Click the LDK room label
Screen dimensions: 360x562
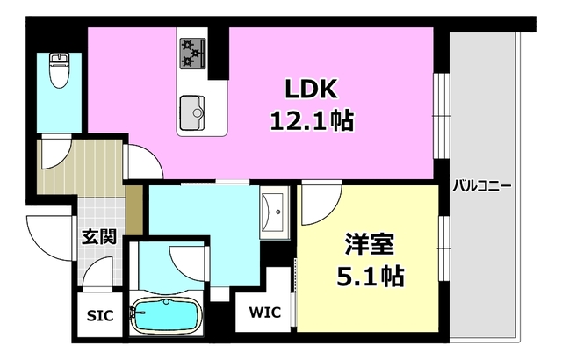click(x=309, y=90)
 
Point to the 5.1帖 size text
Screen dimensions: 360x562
click(x=368, y=277)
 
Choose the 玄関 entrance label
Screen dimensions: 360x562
click(x=99, y=237)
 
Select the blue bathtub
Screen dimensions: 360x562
click(x=166, y=317)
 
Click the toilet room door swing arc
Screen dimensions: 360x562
click(x=54, y=151)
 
